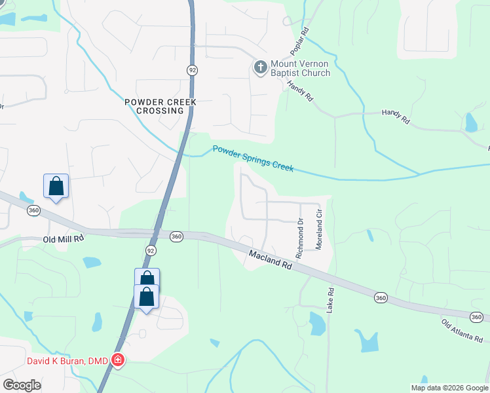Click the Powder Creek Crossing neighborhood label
click(160, 106)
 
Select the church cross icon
click(260, 67)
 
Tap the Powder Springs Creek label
click(253, 159)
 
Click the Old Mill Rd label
click(64, 240)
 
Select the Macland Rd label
click(269, 260)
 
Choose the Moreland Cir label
click(320, 228)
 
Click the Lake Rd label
click(331, 299)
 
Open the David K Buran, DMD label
click(67, 360)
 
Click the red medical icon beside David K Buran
click(118, 360)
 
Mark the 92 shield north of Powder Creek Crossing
click(192, 69)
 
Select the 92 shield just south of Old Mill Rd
click(151, 250)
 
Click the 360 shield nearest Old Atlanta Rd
click(381, 298)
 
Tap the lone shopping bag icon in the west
click(56, 186)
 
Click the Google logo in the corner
click(22, 385)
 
